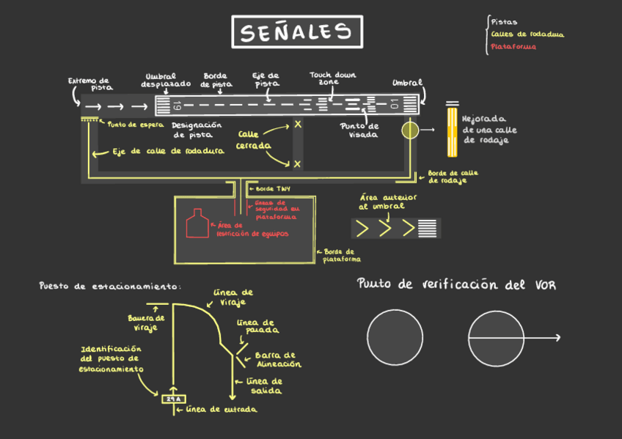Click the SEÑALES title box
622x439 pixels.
tap(296, 32)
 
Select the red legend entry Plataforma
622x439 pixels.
tap(513, 47)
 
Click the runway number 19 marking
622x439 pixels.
tap(177, 106)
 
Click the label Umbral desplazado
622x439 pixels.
tap(166, 80)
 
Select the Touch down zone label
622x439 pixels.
tap(333, 78)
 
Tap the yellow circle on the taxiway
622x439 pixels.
tap(409, 130)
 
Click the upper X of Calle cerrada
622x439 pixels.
tap(298, 125)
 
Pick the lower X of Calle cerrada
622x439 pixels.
tap(298, 164)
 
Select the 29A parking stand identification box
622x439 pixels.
tap(173, 399)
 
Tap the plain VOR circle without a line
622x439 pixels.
tap(395, 337)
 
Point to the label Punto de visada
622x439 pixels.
tap(359, 130)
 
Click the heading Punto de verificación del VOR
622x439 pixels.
tap(456, 284)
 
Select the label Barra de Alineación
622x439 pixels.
tap(278, 360)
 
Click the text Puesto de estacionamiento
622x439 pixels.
tap(110, 286)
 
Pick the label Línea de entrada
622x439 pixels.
tap(221, 409)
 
